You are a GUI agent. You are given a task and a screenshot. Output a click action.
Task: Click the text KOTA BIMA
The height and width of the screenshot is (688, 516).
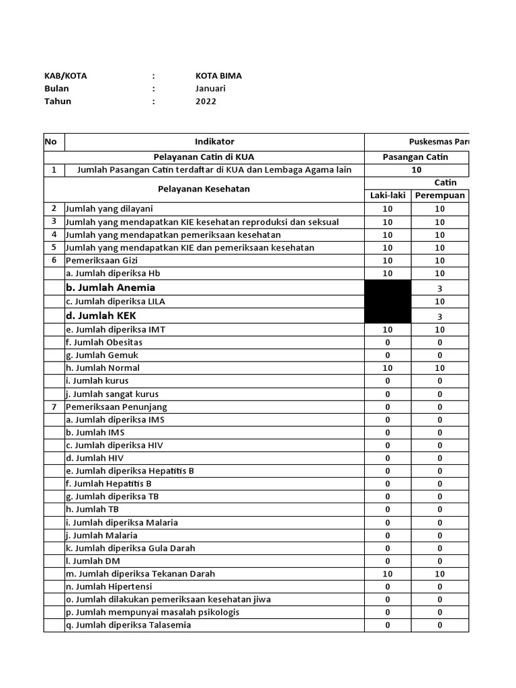pyautogui.click(x=218, y=76)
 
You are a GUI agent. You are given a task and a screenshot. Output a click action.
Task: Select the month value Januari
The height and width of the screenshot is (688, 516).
pyautogui.click(x=210, y=89)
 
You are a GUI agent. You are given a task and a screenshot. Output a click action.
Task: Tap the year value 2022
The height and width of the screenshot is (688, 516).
pyautogui.click(x=206, y=101)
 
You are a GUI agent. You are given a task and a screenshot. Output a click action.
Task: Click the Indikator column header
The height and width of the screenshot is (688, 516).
pyautogui.click(x=214, y=142)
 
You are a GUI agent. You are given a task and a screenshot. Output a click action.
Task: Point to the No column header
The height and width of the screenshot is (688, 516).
pyautogui.click(x=50, y=142)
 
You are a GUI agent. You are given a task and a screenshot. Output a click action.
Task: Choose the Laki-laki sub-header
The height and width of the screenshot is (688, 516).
pyautogui.click(x=387, y=196)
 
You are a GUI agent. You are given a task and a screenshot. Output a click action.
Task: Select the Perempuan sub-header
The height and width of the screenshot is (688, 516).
pyautogui.click(x=439, y=196)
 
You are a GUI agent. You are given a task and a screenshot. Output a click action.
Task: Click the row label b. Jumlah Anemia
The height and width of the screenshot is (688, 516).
pyautogui.click(x=110, y=288)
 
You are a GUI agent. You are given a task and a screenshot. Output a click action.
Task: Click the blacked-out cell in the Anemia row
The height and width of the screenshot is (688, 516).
pyautogui.click(x=387, y=288)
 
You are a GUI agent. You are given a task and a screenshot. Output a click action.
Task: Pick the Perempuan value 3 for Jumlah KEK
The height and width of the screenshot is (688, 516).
pyautogui.click(x=439, y=316)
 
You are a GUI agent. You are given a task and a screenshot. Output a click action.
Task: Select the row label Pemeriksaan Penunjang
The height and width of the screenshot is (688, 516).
pyautogui.click(x=116, y=406)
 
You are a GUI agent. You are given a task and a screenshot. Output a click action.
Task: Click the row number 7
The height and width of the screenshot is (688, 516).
pyautogui.click(x=53, y=406)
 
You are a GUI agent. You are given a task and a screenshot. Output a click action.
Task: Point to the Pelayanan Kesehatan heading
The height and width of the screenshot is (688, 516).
pyautogui.click(x=204, y=189)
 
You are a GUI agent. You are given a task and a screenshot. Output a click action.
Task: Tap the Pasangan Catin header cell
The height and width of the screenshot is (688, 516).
pyautogui.click(x=415, y=157)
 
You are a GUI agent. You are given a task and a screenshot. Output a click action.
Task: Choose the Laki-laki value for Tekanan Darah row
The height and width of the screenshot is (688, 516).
pyautogui.click(x=387, y=574)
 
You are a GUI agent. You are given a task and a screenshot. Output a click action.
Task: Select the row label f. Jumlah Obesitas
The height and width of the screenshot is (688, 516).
pyautogui.click(x=103, y=342)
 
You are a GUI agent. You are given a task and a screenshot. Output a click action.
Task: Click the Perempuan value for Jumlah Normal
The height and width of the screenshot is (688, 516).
pyautogui.click(x=439, y=368)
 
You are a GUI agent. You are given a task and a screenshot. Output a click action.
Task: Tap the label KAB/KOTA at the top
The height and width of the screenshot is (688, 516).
pyautogui.click(x=65, y=76)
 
